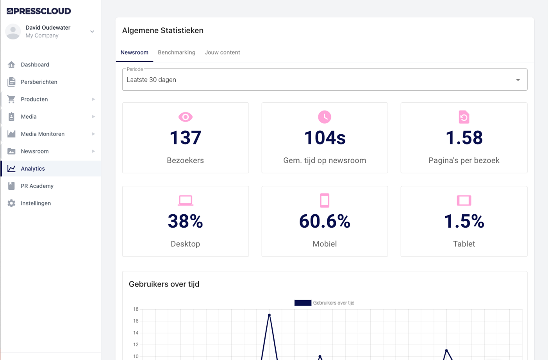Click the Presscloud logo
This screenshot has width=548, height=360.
(x=39, y=11)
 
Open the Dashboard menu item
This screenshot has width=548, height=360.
(x=35, y=64)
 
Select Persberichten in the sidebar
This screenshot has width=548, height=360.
(x=39, y=82)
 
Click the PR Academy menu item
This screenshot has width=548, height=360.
(x=37, y=186)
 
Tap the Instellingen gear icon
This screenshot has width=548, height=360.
(x=11, y=203)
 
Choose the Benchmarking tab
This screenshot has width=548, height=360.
(x=177, y=52)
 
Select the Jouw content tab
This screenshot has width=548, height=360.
(x=222, y=52)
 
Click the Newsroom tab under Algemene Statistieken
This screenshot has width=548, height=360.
(x=134, y=52)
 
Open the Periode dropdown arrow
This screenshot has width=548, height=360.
(x=518, y=80)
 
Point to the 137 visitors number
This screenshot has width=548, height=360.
(x=185, y=138)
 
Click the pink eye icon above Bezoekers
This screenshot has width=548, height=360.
(x=185, y=117)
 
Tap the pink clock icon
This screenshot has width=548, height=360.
(x=325, y=117)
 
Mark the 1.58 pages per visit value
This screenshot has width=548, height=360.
(x=464, y=138)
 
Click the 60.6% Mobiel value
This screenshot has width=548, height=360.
(x=325, y=221)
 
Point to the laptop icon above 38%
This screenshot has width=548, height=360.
(x=185, y=200)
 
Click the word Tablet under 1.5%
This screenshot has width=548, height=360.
(x=464, y=244)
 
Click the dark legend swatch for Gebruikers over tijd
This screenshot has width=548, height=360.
(x=303, y=303)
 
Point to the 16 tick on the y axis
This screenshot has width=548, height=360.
(x=136, y=321)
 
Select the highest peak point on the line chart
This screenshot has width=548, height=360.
(x=269, y=315)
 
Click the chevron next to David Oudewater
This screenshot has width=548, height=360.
(x=92, y=32)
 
